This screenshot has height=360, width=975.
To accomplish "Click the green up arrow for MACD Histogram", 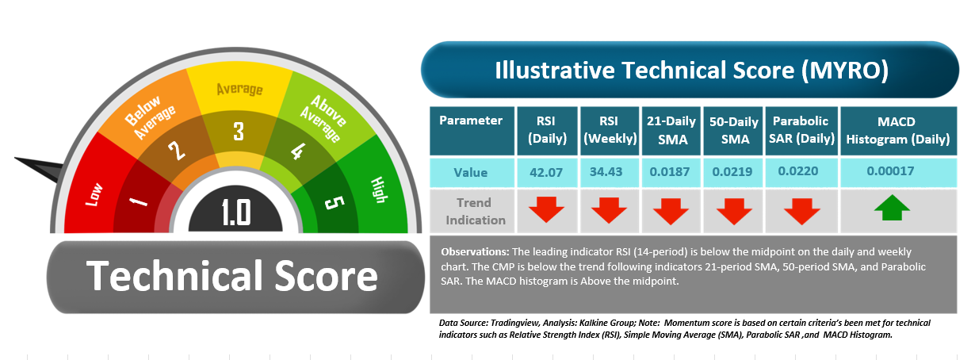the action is point(892,208).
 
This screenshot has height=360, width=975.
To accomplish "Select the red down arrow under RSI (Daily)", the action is point(547,210).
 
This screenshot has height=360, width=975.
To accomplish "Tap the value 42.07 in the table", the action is point(546,172).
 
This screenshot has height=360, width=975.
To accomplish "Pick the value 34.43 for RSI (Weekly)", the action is point(606,172).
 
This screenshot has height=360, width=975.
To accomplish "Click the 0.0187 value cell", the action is point(670,172).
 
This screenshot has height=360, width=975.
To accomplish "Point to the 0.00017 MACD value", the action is point(890,171).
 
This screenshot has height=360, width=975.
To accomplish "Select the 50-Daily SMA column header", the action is point(734,131).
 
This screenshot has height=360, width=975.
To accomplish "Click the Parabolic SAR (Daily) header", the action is point(801,131).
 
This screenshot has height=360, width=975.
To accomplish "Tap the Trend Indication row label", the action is point(475,211).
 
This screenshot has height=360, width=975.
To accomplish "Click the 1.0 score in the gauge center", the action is point(236,213).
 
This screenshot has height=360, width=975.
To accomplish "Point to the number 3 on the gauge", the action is point(239,131).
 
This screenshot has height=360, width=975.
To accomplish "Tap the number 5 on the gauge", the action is point(335,203).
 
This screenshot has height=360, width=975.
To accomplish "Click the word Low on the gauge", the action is point(94,194).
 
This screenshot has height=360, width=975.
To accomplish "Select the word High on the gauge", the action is point(379,190).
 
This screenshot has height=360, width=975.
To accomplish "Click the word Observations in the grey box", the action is point(475,252).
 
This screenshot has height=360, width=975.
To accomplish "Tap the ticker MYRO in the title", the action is point(844,71).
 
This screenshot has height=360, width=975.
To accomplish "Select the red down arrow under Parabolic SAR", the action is point(801,211).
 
